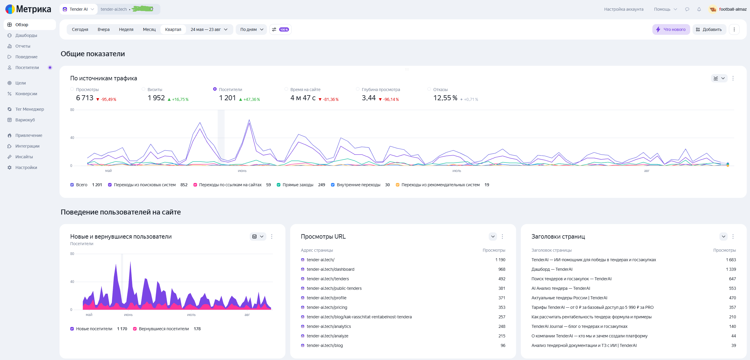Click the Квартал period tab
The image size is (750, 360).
click(x=173, y=29)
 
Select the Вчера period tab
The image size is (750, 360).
click(x=104, y=29)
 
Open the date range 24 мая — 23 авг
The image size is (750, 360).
click(x=209, y=29)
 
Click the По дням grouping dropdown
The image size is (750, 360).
click(x=251, y=29)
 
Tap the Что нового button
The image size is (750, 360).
click(x=671, y=29)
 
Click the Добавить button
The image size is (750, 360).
click(x=709, y=29)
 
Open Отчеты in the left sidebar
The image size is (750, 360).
click(x=23, y=46)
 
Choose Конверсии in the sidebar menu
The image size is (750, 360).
click(x=26, y=94)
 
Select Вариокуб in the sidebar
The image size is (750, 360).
click(x=25, y=120)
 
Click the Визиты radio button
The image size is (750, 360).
click(x=143, y=89)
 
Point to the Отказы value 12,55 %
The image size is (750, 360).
click(x=445, y=98)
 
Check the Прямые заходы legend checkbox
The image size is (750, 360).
click(x=279, y=185)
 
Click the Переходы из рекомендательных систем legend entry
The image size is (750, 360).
click(x=440, y=185)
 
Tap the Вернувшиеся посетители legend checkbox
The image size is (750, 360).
click(x=135, y=329)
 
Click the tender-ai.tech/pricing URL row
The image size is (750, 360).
click(x=327, y=307)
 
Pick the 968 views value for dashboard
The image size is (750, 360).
click(x=502, y=269)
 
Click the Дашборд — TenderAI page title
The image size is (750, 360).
click(x=552, y=269)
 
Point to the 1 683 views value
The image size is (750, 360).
click(x=731, y=260)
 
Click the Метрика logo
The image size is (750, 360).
click(x=28, y=9)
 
